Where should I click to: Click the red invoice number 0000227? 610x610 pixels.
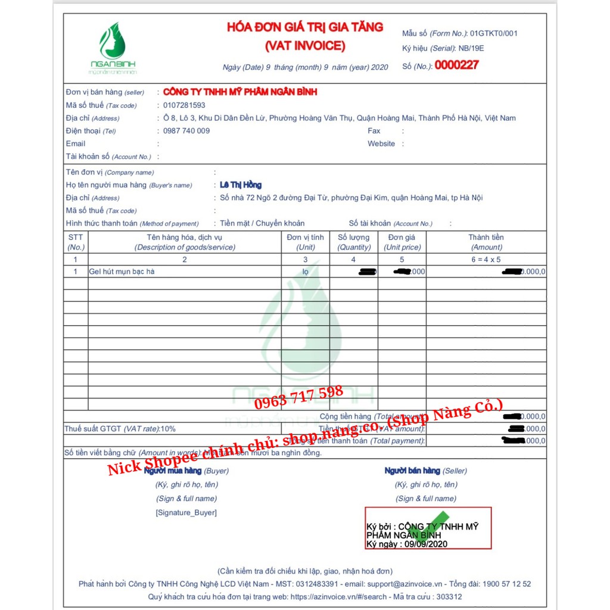(456, 66)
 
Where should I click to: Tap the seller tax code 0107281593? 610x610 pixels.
(184, 105)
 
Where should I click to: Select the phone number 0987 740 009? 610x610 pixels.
(186, 131)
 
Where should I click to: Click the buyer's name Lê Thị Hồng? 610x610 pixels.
(241, 185)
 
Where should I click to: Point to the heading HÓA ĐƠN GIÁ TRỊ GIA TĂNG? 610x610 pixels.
(305, 27)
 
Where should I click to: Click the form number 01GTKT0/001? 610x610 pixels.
(493, 33)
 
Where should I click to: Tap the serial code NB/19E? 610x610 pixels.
(471, 49)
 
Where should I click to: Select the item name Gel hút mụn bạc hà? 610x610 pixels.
(122, 272)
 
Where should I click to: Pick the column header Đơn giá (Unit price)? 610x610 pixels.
(402, 242)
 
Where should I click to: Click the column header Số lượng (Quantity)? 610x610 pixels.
(354, 242)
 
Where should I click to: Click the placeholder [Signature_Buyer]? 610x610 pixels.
(186, 513)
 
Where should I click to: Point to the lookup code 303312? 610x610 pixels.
(449, 596)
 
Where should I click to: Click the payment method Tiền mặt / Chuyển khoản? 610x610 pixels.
(262, 223)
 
